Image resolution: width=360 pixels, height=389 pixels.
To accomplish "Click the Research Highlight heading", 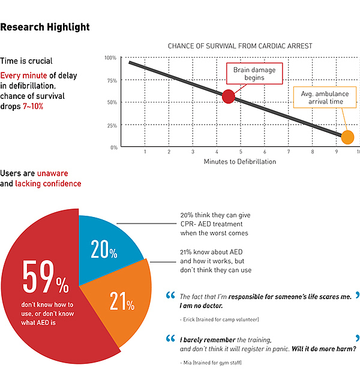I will (x=45, y=27).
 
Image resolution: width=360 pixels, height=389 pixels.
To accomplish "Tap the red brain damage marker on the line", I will (x=228, y=96).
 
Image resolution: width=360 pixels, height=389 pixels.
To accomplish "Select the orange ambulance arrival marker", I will (x=347, y=137).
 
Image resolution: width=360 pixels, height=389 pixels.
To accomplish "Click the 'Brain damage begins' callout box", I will (x=250, y=74).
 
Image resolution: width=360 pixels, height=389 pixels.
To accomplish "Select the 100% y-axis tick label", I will (x=110, y=58).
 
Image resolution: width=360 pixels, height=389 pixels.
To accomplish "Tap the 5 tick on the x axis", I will (x=241, y=152).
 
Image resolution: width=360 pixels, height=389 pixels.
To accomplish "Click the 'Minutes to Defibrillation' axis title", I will (x=240, y=162).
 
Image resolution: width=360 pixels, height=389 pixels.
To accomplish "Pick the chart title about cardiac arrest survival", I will (x=239, y=46).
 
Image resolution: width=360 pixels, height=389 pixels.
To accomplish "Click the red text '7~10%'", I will (x=33, y=105).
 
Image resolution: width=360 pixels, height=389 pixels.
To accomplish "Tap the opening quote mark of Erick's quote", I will (x=170, y=295).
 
